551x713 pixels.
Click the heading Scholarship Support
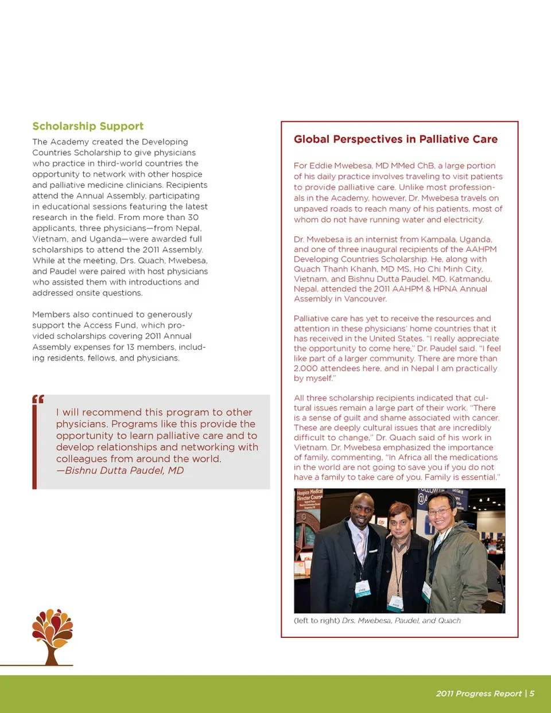pyautogui.click(x=88, y=126)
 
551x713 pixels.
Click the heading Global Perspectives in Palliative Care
pyautogui.click(x=395, y=139)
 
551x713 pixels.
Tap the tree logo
pyautogui.click(x=52, y=636)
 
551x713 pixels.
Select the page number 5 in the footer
pyautogui.click(x=531, y=693)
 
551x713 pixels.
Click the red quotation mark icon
pyautogui.click(x=38, y=399)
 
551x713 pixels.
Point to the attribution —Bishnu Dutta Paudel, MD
pyautogui.click(x=120, y=470)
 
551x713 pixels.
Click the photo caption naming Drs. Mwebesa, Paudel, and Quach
pyautogui.click(x=377, y=621)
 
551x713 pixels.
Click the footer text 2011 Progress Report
pyautogui.click(x=479, y=693)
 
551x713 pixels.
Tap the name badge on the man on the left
pyautogui.click(x=363, y=589)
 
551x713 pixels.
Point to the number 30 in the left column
pyautogui.click(x=193, y=217)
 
